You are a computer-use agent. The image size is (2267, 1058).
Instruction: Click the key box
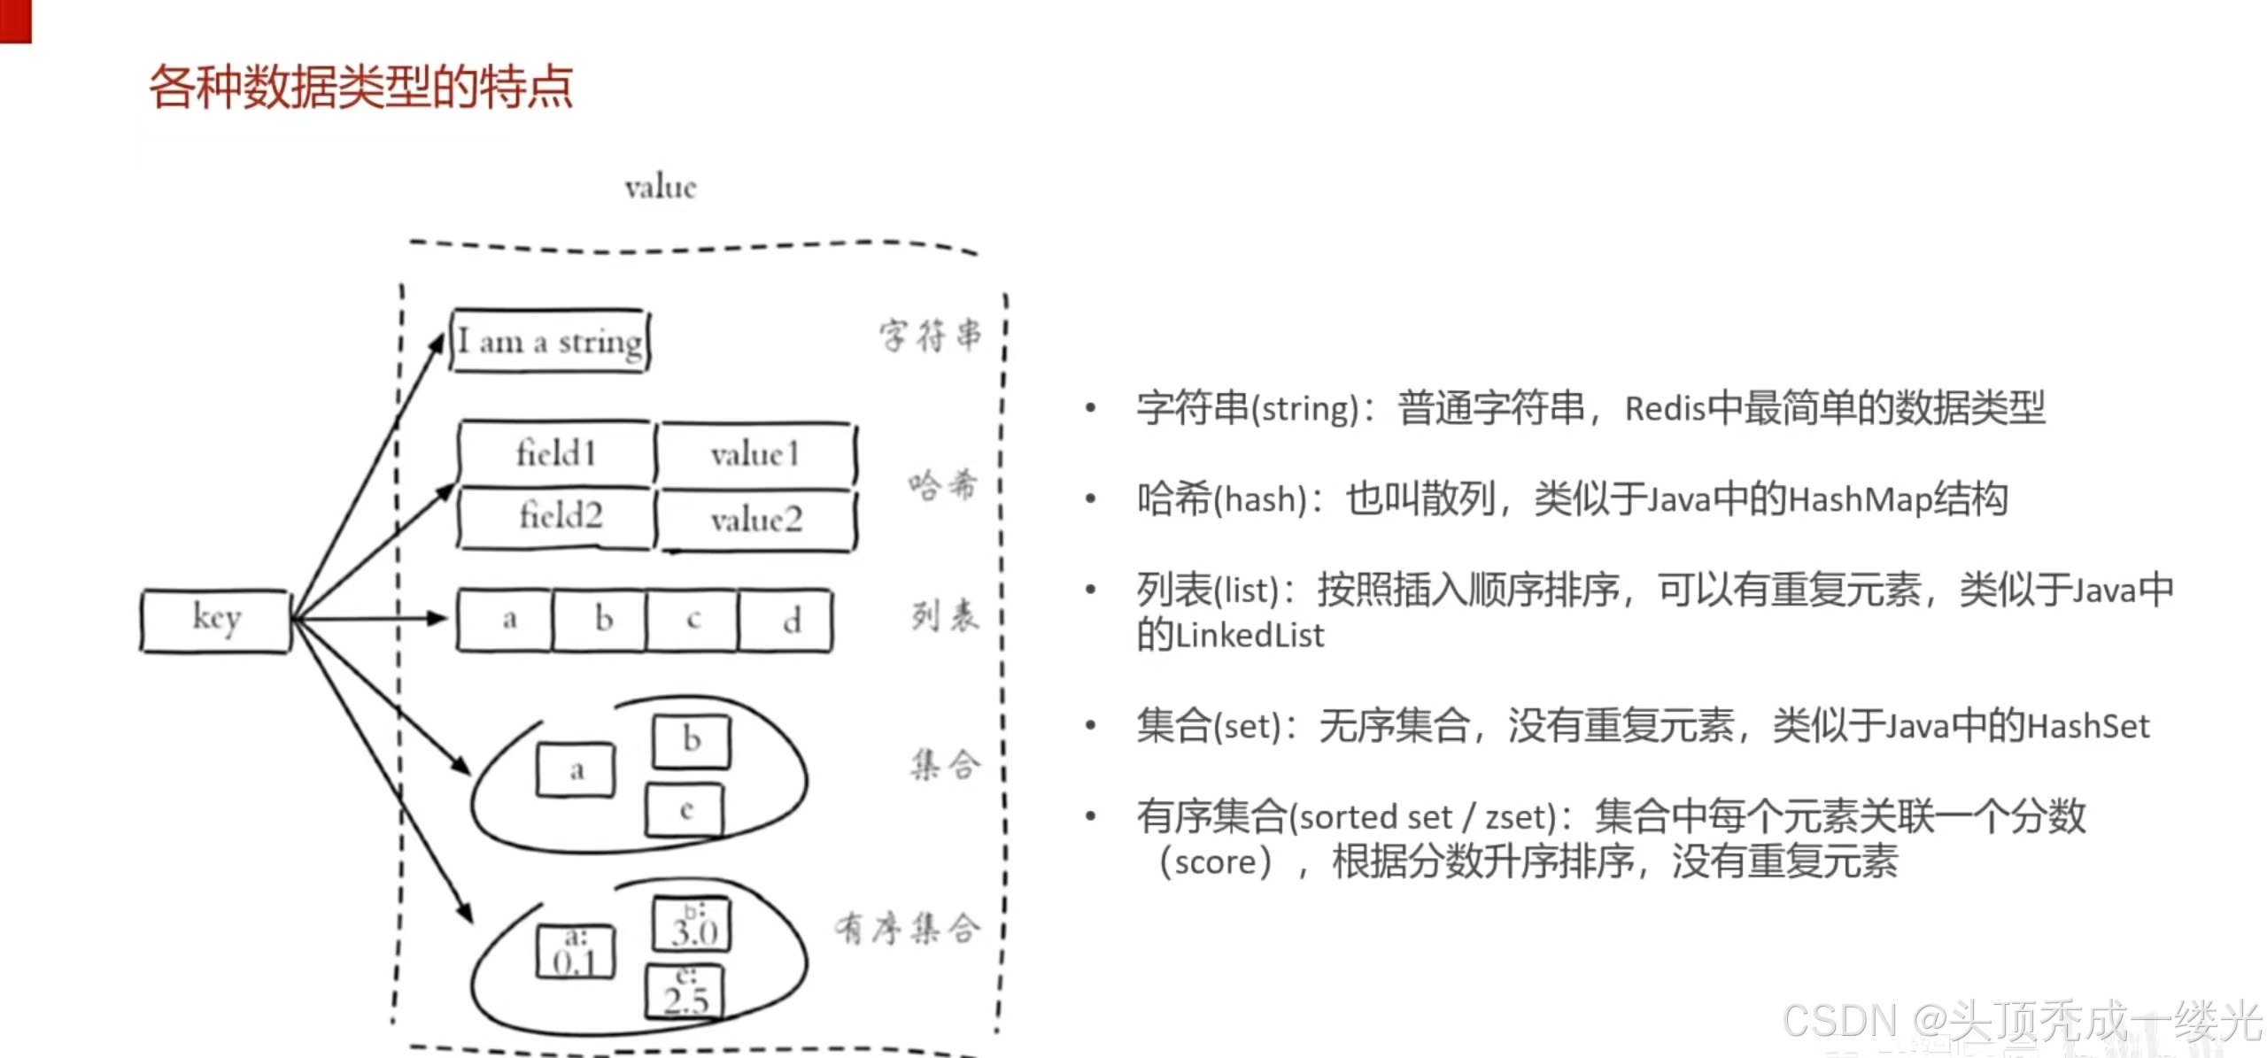click(215, 621)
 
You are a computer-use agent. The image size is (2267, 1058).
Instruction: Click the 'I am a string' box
click(550, 341)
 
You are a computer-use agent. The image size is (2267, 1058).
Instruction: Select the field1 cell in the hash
click(556, 453)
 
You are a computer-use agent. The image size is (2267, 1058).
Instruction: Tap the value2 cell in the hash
click(757, 520)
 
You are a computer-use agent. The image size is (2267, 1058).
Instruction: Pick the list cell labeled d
click(785, 620)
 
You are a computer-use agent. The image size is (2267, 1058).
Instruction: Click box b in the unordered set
click(692, 741)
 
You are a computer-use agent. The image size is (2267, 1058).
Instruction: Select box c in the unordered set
click(685, 810)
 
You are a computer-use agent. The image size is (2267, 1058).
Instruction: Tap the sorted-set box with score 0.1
click(576, 953)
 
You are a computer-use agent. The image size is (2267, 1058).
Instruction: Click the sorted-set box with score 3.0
click(692, 924)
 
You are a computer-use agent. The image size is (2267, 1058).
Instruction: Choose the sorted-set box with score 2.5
click(685, 992)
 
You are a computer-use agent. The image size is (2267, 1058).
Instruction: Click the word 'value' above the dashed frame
click(661, 188)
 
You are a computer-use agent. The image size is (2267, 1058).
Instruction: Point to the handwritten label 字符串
click(930, 336)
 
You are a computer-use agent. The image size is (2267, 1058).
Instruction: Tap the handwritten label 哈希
click(942, 485)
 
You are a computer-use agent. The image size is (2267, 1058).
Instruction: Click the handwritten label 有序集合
click(907, 928)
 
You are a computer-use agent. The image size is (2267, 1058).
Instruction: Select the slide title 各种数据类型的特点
click(360, 88)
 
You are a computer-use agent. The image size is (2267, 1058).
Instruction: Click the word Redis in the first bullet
click(1665, 409)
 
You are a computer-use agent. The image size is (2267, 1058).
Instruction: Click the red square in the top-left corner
click(15, 21)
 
